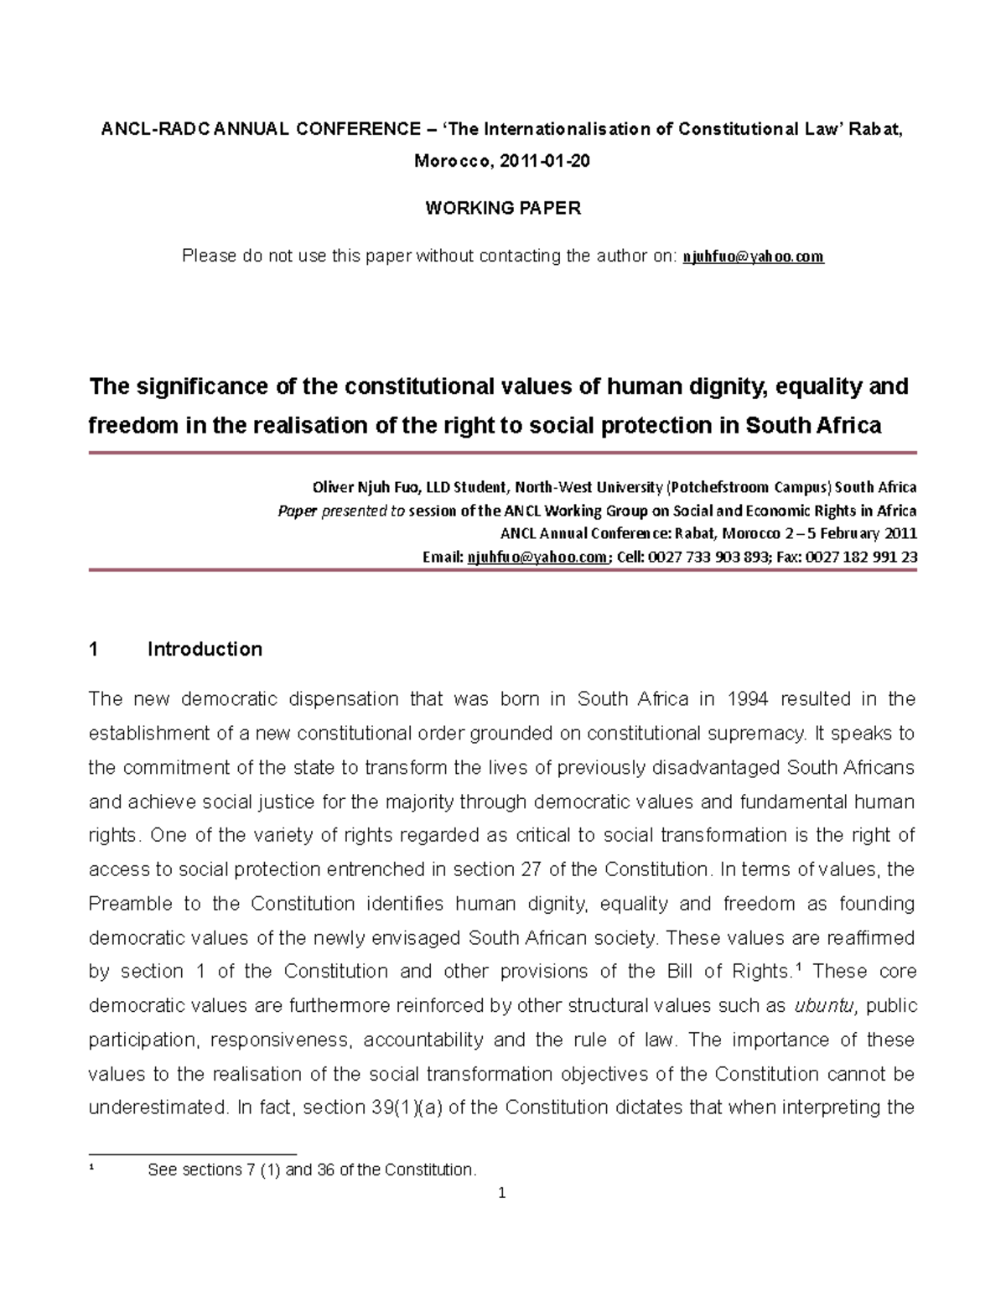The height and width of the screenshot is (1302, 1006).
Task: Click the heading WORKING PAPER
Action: pyautogui.click(x=502, y=209)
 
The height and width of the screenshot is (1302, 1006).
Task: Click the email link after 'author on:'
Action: pyautogui.click(x=754, y=257)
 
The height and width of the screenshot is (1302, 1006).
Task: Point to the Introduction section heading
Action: pyautogui.click(x=205, y=649)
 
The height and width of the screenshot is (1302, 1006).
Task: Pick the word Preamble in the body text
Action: pyautogui.click(x=129, y=904)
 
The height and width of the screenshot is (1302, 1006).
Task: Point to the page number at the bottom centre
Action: pyautogui.click(x=502, y=1194)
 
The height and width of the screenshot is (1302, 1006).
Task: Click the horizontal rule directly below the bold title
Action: pyautogui.click(x=502, y=453)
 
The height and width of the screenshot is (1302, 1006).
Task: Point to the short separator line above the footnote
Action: pyautogui.click(x=193, y=1154)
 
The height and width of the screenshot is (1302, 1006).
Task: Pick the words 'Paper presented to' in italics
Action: pyautogui.click(x=341, y=511)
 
